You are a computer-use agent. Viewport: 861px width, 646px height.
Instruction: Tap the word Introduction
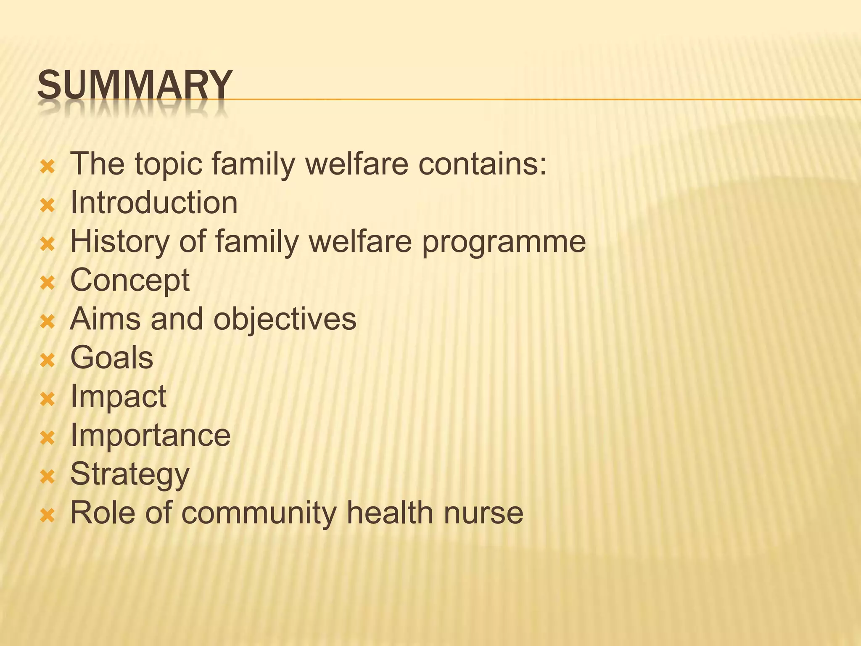[154, 203]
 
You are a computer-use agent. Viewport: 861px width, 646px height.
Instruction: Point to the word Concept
[130, 281]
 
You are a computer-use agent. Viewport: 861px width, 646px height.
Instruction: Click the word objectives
[285, 320]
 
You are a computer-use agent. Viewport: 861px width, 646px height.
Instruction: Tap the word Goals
[112, 358]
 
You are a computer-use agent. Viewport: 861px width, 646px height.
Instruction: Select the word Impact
[118, 397]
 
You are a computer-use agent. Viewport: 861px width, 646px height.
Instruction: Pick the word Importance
[151, 435]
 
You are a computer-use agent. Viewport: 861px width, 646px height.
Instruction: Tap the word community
[259, 513]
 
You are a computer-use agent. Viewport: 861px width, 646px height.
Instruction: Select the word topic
[169, 164]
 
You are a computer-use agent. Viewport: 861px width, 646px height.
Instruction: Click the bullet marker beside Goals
[48, 360]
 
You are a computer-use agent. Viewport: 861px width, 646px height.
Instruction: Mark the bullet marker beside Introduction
[48, 205]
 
